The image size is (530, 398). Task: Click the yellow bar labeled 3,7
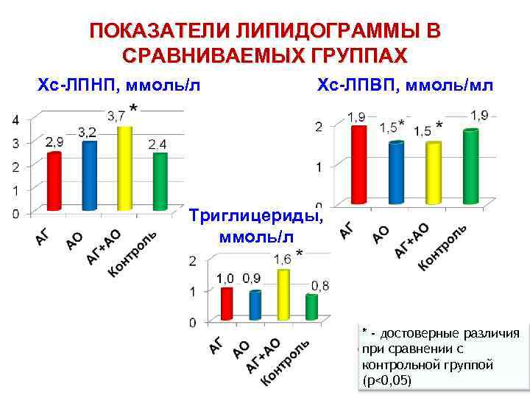coord(124,168)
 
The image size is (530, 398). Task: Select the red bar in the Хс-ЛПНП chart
coord(54,181)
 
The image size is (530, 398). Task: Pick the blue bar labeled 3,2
coord(90,175)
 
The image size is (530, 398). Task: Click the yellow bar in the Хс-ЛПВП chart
coord(434,172)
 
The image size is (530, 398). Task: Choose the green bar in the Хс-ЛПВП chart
coord(470,167)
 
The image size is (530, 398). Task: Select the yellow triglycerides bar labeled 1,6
coord(283,294)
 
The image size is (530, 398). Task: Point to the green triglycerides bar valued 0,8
coord(311,307)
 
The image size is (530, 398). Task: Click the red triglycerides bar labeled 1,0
coord(227,304)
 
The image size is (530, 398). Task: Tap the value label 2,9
coord(54,142)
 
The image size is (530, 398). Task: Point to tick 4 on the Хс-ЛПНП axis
coord(15,119)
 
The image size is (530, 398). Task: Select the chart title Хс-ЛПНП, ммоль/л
coord(119,85)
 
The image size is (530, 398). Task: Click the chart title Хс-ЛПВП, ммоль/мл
coord(406,85)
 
